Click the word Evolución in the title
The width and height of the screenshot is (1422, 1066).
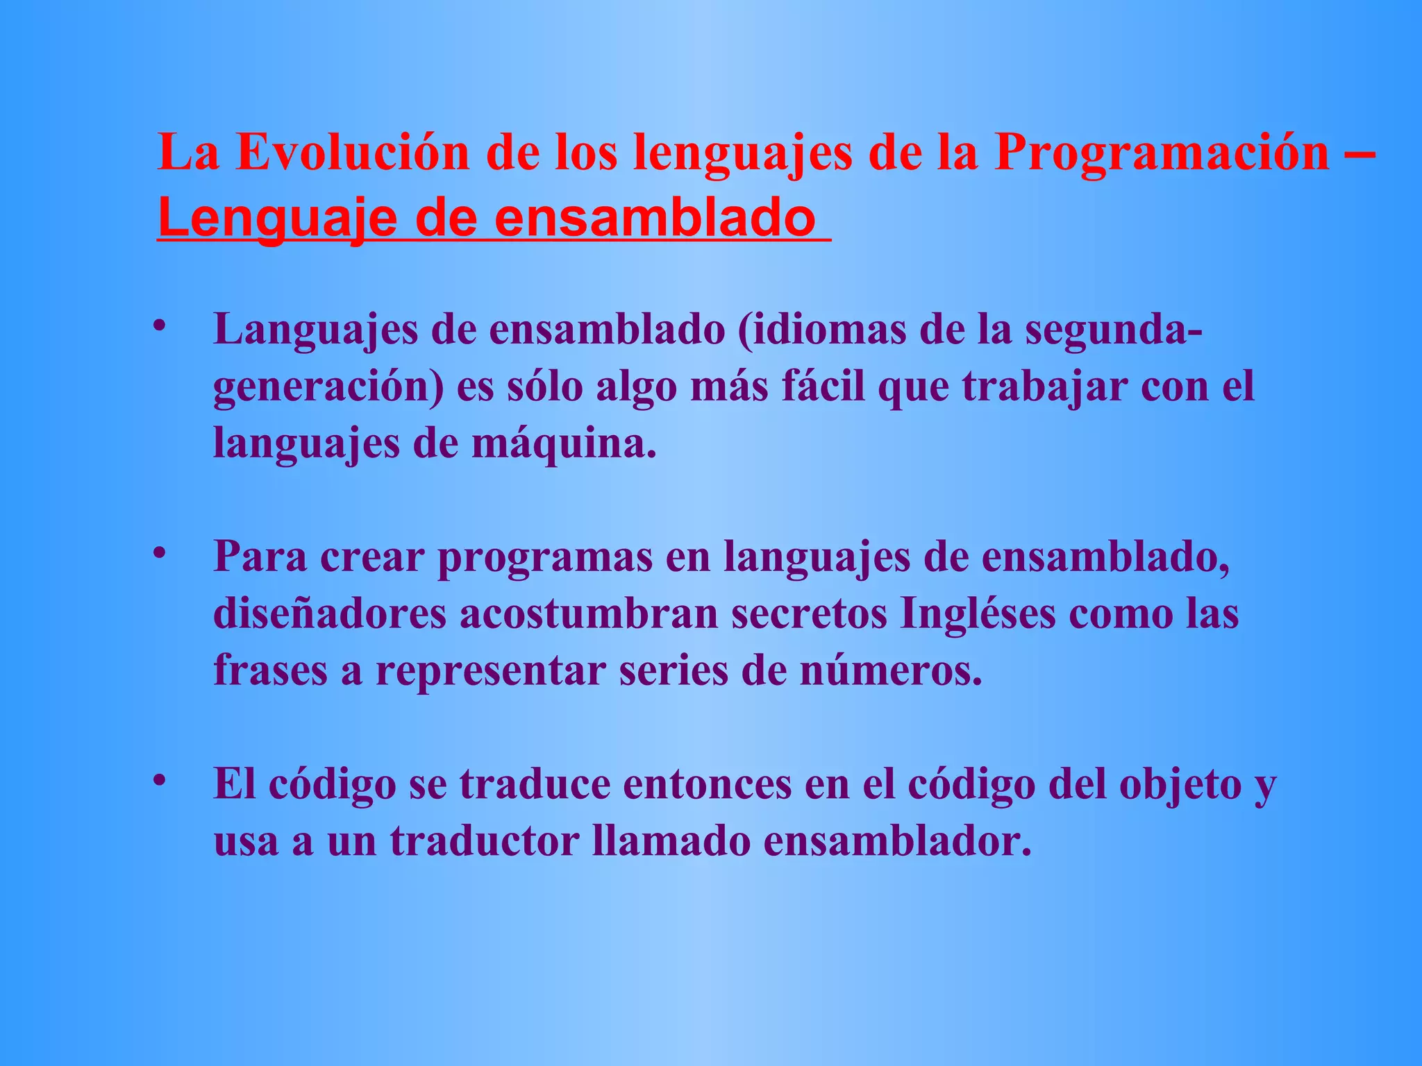click(353, 152)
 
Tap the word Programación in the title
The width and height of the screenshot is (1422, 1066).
click(1161, 152)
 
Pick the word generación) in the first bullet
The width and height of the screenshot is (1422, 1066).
click(328, 387)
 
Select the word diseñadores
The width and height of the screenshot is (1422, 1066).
click(329, 614)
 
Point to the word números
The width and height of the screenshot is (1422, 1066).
click(891, 671)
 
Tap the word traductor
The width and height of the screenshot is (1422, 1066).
click(484, 841)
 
